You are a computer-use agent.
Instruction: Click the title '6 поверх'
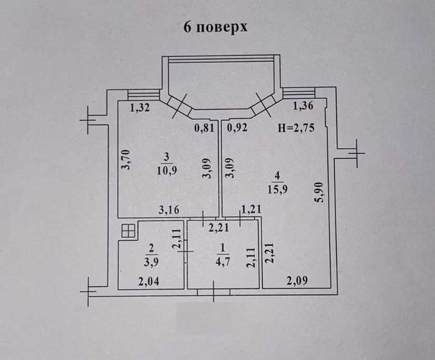click(x=215, y=27)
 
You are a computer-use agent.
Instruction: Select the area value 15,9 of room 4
click(x=279, y=188)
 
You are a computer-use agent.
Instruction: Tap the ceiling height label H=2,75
click(x=296, y=128)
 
